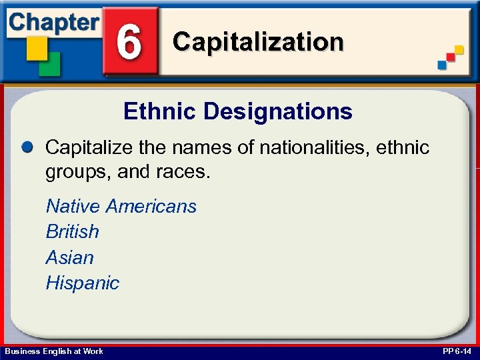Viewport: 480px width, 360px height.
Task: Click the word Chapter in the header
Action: [53, 21]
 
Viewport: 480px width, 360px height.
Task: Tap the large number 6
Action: [129, 41]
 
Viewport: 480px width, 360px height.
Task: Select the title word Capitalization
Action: [258, 42]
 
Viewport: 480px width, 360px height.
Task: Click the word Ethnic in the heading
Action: [160, 111]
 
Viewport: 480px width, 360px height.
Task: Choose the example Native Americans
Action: [121, 206]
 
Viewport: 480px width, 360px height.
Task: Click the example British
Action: [72, 231]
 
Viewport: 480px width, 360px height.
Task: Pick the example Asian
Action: [69, 257]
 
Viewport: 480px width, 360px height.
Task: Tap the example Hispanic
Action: [82, 283]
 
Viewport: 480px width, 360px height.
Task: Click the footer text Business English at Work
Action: [54, 351]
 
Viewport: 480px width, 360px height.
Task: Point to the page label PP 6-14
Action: [457, 351]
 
